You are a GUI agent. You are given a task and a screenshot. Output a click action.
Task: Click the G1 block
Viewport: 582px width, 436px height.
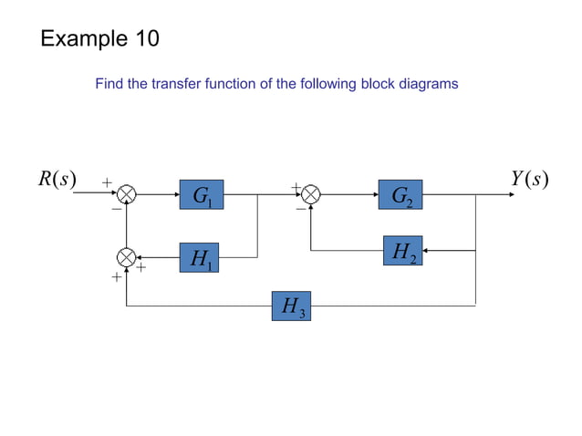[202, 194]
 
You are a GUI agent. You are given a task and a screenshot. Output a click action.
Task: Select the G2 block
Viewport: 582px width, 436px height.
[400, 194]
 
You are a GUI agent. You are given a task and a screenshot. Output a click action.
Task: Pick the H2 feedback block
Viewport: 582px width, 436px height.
[400, 250]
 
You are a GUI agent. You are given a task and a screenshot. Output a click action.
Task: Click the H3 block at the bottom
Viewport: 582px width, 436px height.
[291, 306]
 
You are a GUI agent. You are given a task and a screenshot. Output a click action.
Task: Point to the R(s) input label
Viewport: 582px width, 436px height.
[57, 179]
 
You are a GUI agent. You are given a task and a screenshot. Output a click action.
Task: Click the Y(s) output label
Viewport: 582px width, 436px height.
[529, 179]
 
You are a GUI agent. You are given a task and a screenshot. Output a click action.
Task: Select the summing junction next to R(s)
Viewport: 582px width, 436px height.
[127, 194]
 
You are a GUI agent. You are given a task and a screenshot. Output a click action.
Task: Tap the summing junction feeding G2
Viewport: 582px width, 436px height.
[311, 194]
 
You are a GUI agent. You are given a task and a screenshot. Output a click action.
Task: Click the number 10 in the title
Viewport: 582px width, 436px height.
[145, 38]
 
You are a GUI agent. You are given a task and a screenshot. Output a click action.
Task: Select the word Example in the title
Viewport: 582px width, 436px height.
[82, 39]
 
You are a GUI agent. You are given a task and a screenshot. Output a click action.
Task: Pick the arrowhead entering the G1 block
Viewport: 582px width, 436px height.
[176, 194]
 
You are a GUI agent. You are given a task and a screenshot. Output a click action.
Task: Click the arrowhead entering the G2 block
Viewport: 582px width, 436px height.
[374, 194]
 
